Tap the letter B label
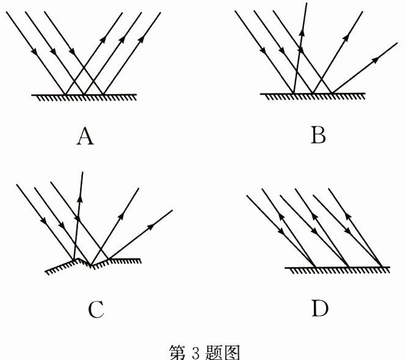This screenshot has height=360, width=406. tap(317, 134)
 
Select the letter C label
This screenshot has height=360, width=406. tap(95, 310)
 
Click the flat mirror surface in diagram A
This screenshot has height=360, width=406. tap(84, 97)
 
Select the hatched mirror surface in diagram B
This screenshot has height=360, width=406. tap(313, 96)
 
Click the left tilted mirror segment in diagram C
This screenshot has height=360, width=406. tap(61, 266)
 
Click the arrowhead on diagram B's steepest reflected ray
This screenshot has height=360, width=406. tap(300, 34)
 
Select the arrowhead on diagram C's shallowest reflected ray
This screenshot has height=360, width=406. tap(150, 227)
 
